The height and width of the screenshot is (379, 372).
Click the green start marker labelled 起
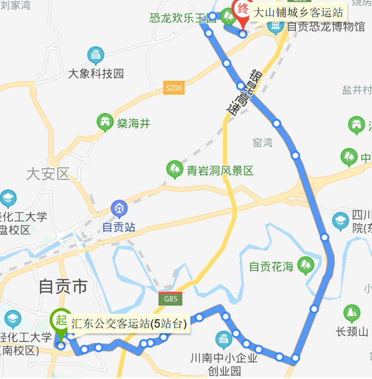60,319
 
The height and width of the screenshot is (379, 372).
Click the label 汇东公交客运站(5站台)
128,324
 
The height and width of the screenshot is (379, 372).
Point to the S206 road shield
173,88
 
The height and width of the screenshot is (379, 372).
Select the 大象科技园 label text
96,74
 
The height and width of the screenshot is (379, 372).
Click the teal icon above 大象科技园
95,56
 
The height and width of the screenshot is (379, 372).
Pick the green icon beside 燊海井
105,122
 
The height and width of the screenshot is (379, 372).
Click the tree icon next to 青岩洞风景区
174,170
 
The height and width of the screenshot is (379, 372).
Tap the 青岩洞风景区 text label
220,171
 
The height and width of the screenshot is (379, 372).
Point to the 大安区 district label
48,173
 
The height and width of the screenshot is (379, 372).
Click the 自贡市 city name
63,286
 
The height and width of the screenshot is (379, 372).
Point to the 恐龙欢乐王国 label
183,17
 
